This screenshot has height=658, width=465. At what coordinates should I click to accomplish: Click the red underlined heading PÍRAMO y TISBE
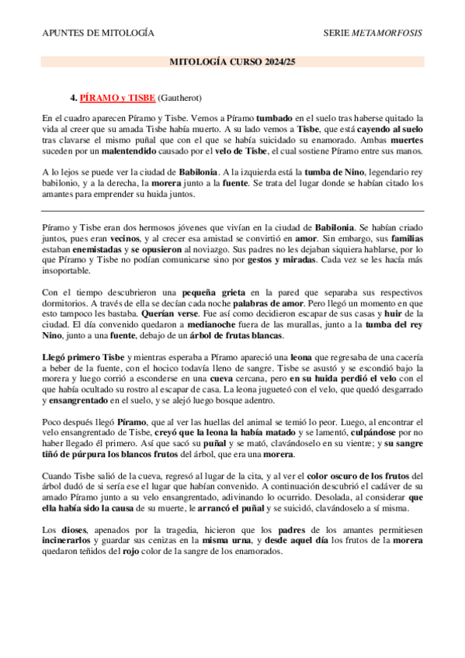[x=117, y=99]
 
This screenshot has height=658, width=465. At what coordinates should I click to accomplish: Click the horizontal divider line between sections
[x=232, y=210]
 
